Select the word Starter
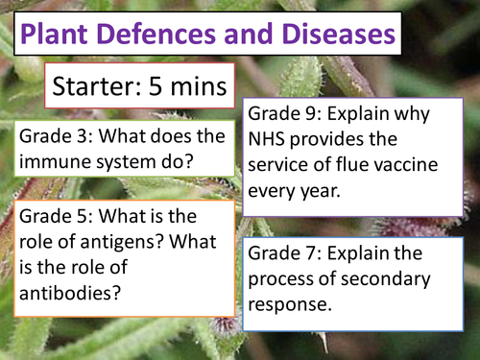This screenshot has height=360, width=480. tap(101, 90)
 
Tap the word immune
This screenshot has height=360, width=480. tap(47, 162)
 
